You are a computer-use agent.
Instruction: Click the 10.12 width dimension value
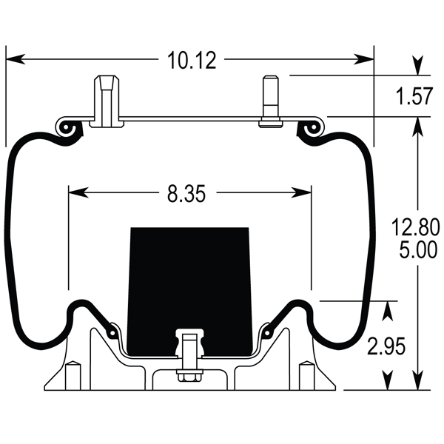pos(191,60)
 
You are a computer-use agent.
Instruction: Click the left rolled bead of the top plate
pos(68,128)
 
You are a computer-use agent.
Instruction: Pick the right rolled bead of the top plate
pos(312,128)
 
